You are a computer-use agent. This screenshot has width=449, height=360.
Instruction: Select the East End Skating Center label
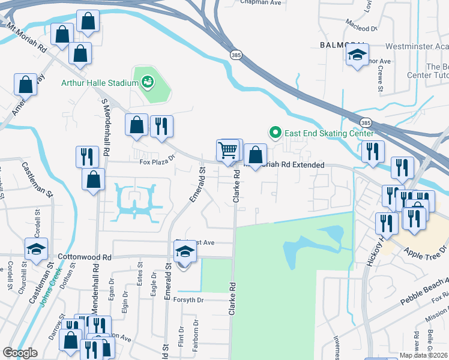tap(330, 133)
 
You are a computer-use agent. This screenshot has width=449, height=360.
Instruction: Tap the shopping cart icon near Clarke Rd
tap(228, 150)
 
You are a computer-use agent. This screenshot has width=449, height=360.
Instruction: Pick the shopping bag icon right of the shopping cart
tap(256, 155)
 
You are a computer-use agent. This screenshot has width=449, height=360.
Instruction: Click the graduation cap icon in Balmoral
tap(357, 55)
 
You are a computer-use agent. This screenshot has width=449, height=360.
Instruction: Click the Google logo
tap(20, 352)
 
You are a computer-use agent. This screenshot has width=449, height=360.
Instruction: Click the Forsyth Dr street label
tap(188, 299)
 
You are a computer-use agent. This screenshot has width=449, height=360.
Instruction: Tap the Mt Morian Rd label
tap(26, 37)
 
